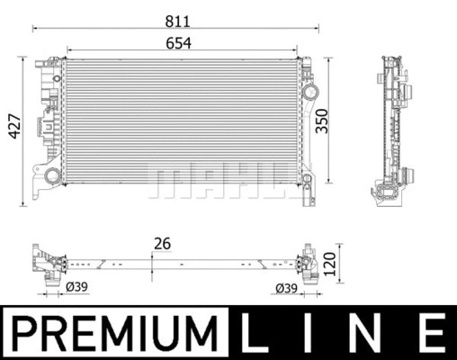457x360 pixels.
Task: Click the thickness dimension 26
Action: (162, 242)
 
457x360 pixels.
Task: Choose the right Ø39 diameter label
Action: (286, 287)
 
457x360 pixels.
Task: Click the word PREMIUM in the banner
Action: (115, 333)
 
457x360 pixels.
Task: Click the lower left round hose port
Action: (52, 175)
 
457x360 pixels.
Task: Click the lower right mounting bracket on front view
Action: (309, 189)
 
